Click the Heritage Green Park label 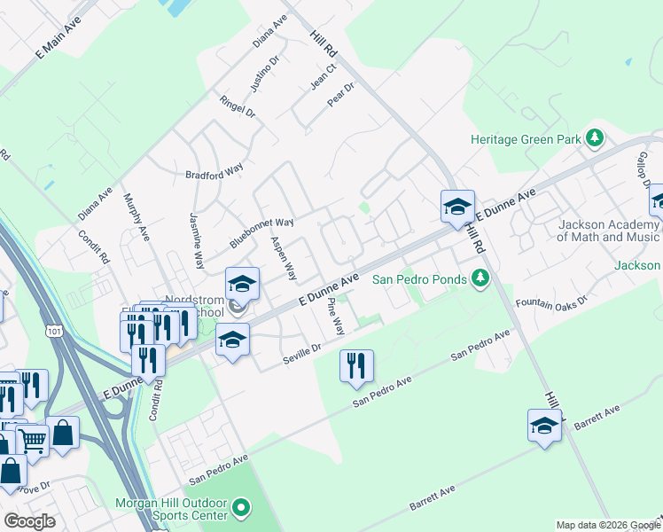(x=526, y=139)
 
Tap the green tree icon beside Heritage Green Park (x=596, y=138)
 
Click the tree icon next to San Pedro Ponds (x=480, y=278)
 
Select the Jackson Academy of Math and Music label (x=609, y=231)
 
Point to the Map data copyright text (x=607, y=525)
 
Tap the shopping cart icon (x=32, y=439)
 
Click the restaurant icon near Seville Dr (x=356, y=364)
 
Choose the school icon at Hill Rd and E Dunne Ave (x=457, y=207)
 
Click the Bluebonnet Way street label (x=261, y=233)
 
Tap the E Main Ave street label (x=58, y=37)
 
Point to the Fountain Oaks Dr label (x=551, y=303)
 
